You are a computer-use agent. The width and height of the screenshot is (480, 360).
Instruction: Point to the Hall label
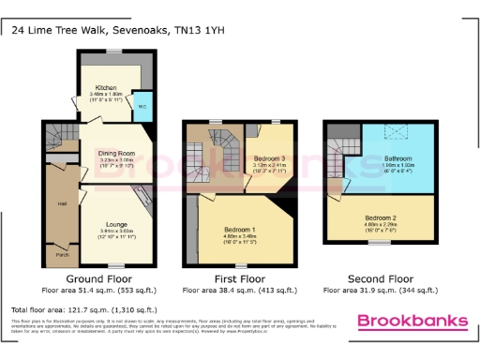pos(60,202)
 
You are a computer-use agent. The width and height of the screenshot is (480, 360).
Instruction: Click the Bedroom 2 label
pos(380,217)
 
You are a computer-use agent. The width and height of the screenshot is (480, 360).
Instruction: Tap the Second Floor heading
pos(380,279)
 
